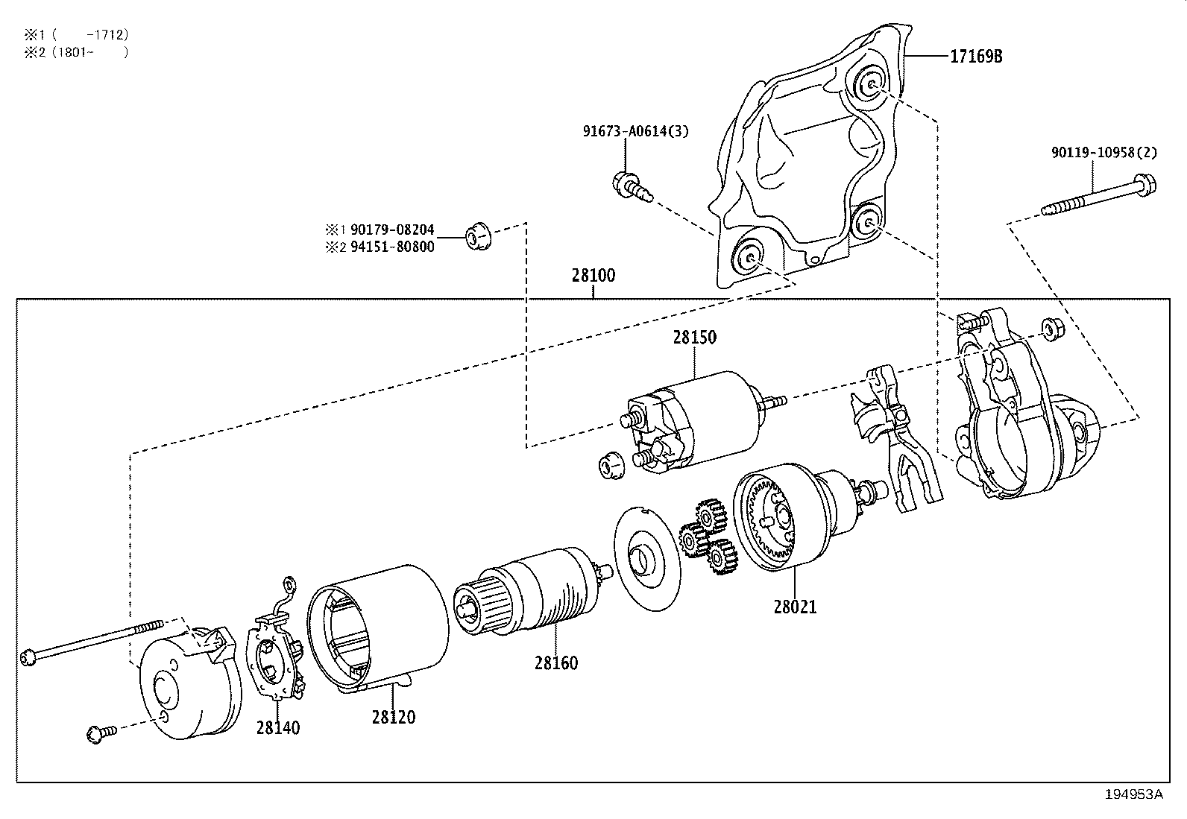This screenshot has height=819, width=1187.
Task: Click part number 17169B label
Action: pos(975,56)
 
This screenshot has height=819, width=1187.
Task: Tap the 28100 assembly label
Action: pos(593,276)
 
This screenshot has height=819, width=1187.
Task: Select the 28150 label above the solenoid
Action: pos(694,337)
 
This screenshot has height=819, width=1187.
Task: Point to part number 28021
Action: pos(795,607)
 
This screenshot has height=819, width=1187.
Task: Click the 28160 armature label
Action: pos(555,663)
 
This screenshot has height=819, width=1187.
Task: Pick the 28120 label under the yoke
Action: pos(394,717)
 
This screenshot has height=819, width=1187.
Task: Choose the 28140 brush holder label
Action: pos(278,727)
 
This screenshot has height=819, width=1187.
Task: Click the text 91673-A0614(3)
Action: pos(635,132)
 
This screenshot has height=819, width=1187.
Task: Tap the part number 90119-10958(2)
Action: pos(1104,153)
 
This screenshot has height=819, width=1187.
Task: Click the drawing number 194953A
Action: pos(1133,794)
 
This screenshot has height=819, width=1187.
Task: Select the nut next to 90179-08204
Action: pos(477,236)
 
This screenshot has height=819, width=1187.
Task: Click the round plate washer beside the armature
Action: pos(648,558)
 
